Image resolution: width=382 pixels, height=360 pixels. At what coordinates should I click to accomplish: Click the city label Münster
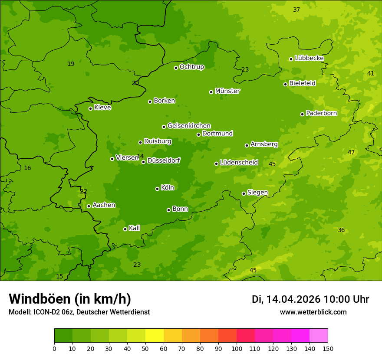tap(227, 91)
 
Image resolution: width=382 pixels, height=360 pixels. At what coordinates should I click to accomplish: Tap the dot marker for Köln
tap(157, 189)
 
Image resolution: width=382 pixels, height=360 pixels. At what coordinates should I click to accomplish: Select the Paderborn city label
tap(321, 113)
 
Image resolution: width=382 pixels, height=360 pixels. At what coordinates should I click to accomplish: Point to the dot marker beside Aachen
tap(89, 206)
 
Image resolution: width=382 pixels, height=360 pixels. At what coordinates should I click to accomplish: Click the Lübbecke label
tap(309, 58)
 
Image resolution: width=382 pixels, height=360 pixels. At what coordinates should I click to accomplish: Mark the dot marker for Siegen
tap(244, 193)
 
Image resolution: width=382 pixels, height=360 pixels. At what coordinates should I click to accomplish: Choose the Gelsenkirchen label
tap(189, 126)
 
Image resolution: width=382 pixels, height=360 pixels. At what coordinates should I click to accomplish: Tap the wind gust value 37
tap(296, 10)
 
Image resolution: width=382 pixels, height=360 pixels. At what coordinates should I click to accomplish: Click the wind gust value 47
tap(351, 152)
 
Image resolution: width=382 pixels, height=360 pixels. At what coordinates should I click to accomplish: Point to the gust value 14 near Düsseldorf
tap(140, 156)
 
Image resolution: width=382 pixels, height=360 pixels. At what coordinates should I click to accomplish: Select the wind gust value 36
tap(341, 230)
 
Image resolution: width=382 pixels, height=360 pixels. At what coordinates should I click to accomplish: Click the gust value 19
tap(71, 64)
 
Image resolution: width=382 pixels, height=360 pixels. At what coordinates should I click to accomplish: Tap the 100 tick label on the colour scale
tap(237, 348)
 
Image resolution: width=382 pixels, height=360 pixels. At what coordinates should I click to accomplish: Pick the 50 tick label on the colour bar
tap(145, 348)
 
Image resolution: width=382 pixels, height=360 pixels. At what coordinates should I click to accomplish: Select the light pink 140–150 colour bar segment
tap(319, 336)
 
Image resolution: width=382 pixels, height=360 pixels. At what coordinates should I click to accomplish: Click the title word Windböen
tap(40, 299)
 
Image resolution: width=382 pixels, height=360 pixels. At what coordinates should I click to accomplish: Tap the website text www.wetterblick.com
tap(313, 312)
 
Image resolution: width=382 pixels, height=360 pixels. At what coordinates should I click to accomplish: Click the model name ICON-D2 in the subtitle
tap(46, 312)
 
